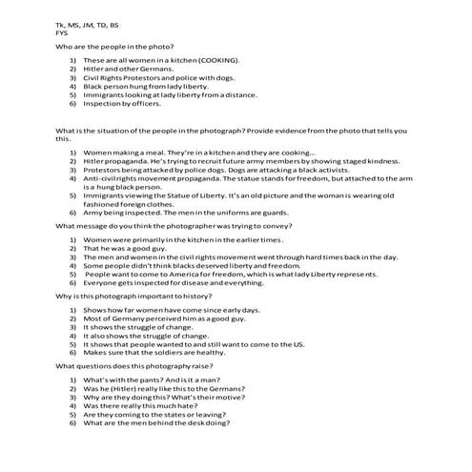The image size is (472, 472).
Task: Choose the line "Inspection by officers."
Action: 124,103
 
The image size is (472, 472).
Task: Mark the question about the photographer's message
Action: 174,226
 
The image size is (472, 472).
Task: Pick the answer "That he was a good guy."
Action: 126,248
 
